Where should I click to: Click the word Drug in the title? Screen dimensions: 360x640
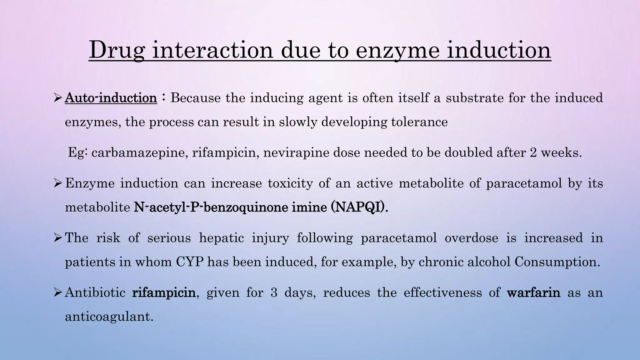tap(117, 50)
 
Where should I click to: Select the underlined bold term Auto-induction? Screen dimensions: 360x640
tap(111, 98)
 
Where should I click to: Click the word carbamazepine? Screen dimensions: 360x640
tap(140, 153)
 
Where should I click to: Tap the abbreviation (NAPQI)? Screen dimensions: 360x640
tap(359, 207)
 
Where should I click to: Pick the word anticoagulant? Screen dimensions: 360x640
tap(109, 317)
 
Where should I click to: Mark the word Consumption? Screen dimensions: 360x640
tap(557, 262)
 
